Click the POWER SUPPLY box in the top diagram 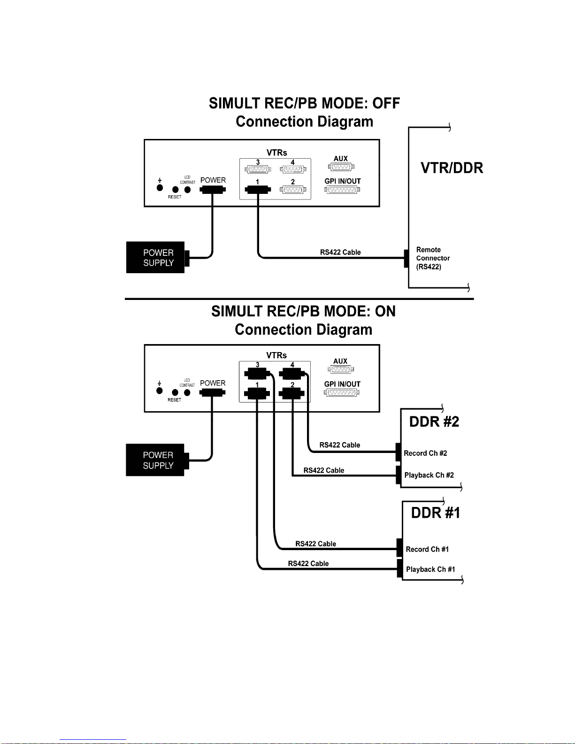pos(155,257)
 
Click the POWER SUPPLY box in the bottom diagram pos(155,460)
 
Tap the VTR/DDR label pos(452,168)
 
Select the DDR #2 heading pos(434,422)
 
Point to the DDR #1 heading pos(436,513)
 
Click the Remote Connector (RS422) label pos(433,258)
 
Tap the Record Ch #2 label pos(425,453)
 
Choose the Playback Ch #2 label pos(429,475)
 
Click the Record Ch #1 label pos(427,549)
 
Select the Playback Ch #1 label pos(430,569)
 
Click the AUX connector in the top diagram pos(341,167)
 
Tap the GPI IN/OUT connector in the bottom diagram pos(342,393)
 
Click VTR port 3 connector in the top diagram pos(258,169)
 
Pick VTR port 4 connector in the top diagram pos(293,169)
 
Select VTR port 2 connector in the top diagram pos(293,189)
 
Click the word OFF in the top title pos(386,103)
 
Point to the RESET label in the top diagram pos(175,197)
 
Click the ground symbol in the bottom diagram pos(160,384)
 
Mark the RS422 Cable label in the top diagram pos(340,253)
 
